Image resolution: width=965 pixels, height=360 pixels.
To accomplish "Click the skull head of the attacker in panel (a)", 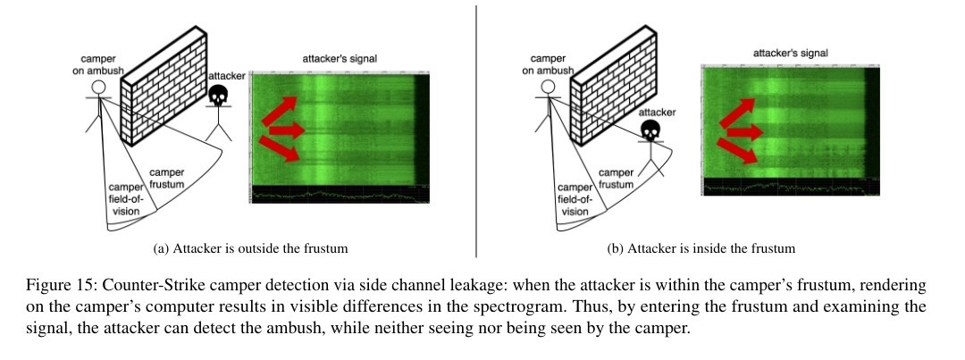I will pos(217,96).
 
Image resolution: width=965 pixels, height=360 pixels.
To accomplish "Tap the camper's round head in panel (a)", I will pos(99,88).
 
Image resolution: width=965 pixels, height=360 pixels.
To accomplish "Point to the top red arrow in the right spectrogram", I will pos(734,113).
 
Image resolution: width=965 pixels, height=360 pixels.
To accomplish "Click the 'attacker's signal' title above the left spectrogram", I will pos(340,59).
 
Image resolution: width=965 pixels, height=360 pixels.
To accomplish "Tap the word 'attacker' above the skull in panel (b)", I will pos(657,113).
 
